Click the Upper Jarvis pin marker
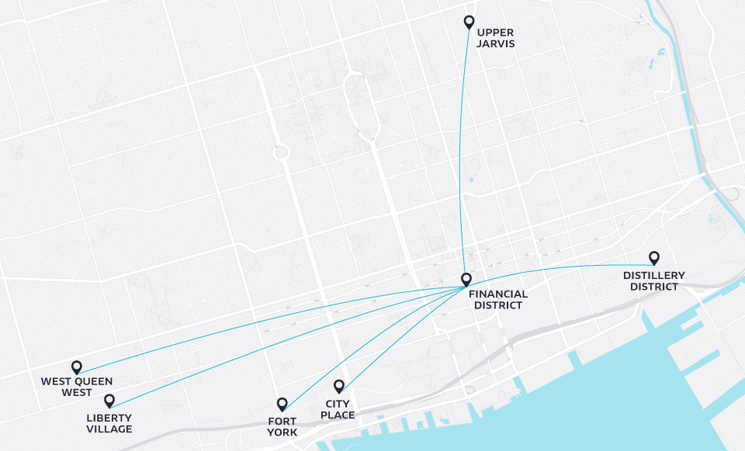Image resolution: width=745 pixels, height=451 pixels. (469, 22)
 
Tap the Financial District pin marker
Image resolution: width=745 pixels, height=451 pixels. (466, 279)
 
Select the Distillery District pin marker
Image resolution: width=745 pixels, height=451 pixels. (654, 257)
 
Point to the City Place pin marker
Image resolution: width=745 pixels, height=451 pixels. (339, 385)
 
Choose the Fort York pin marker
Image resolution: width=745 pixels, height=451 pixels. (282, 403)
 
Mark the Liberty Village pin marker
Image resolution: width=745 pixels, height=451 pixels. (109, 400)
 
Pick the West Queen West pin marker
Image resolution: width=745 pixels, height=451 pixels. (76, 367)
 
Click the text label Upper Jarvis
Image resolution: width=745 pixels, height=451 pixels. (496, 38)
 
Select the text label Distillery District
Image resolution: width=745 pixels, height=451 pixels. (653, 281)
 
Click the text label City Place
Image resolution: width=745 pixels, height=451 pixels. (338, 409)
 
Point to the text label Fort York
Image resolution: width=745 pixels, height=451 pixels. (282, 427)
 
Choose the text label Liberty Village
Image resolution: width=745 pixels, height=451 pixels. (109, 423)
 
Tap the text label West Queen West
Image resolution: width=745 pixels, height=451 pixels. (77, 386)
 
